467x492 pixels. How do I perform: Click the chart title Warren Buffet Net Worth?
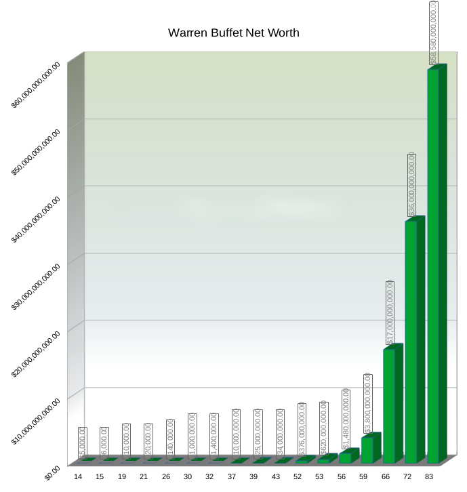tap(233, 33)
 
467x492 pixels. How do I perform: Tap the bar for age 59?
tap(367, 449)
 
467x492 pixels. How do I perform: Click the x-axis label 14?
tap(78, 477)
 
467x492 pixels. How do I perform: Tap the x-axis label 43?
tap(276, 477)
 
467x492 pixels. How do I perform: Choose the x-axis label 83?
tap(429, 477)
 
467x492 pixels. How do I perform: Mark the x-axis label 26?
tap(166, 477)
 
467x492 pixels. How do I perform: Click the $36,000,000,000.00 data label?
tap(411, 185)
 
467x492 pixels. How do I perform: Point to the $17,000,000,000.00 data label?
tap(390, 312)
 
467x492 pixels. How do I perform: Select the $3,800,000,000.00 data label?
tap(368, 404)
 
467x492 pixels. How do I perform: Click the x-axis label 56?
tap(342, 477)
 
